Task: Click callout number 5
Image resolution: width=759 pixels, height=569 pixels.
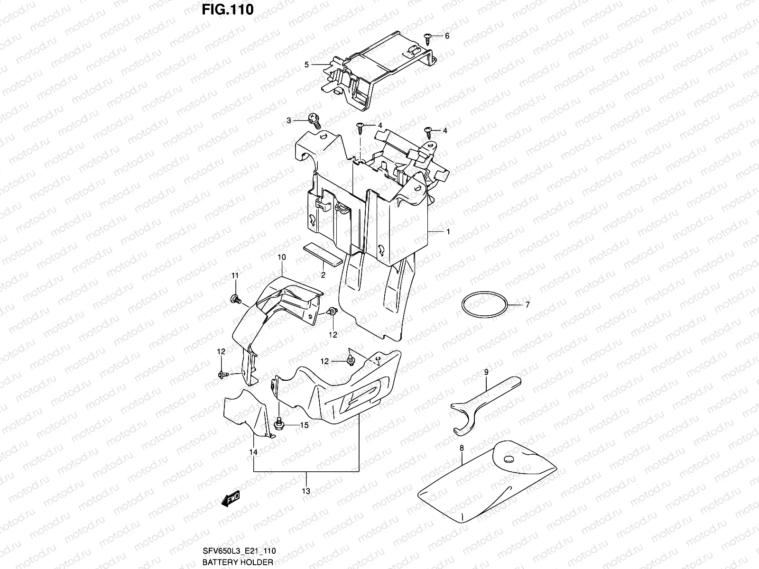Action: pyautogui.click(x=307, y=64)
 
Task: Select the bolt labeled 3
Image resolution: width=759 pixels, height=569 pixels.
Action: pyautogui.click(x=314, y=120)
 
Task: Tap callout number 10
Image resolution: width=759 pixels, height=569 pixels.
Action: pyautogui.click(x=281, y=257)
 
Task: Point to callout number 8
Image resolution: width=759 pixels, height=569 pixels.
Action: pyautogui.click(x=461, y=447)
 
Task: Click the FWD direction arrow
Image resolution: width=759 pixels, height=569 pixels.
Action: pyautogui.click(x=231, y=498)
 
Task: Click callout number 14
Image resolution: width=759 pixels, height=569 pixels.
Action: pyautogui.click(x=254, y=452)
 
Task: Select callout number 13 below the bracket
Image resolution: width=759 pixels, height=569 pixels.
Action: pyautogui.click(x=306, y=491)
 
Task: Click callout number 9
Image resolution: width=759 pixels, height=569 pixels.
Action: pyautogui.click(x=486, y=373)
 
